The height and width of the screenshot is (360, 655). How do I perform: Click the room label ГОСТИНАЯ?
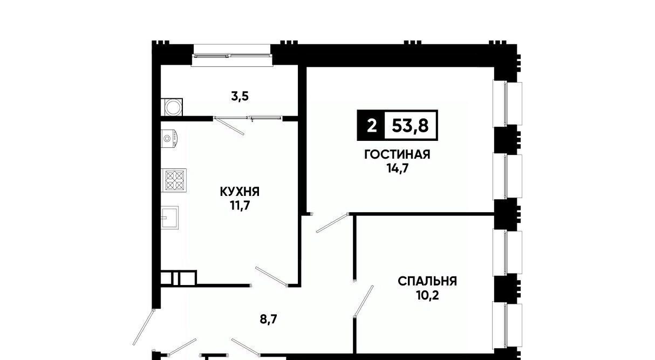pyautogui.click(x=397, y=154)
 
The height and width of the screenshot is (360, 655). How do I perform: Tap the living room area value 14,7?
pyautogui.click(x=397, y=168)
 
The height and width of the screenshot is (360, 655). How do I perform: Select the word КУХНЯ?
pyautogui.click(x=240, y=192)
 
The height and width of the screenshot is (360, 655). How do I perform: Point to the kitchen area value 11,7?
pyautogui.click(x=240, y=206)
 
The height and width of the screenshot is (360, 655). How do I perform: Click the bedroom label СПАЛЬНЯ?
pyautogui.click(x=427, y=281)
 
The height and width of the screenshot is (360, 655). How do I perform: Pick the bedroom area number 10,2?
pyautogui.click(x=427, y=295)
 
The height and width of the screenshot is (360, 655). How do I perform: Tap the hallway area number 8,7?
pyautogui.click(x=268, y=319)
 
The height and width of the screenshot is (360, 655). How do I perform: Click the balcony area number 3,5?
pyautogui.click(x=240, y=96)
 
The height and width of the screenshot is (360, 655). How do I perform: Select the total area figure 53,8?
pyautogui.click(x=410, y=125)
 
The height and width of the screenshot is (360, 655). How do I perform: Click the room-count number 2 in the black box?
pyautogui.click(x=371, y=126)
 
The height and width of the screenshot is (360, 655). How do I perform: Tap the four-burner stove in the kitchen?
pyautogui.click(x=174, y=180)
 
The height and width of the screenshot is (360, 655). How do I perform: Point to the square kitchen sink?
pyautogui.click(x=169, y=217)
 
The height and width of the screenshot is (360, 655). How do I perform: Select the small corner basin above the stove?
pyautogui.click(x=169, y=138)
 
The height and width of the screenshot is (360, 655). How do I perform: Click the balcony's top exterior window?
pyautogui.click(x=232, y=55)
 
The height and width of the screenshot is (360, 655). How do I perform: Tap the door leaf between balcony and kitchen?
pyautogui.click(x=229, y=126)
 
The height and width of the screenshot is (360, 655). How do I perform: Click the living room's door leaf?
pyautogui.click(x=332, y=223)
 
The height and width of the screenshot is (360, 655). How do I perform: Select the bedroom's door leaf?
pyautogui.click(x=364, y=301)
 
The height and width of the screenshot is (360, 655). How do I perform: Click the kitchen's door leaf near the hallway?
pyautogui.click(x=271, y=276)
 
